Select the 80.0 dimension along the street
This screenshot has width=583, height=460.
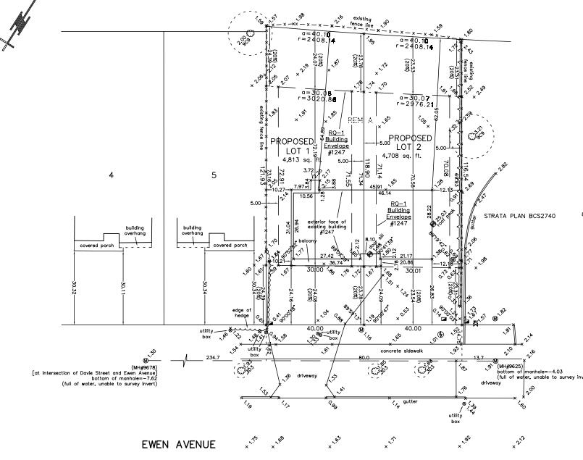[x=364, y=357]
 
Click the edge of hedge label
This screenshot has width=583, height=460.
[x=241, y=313]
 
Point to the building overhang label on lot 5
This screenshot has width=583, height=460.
[x=192, y=230]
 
